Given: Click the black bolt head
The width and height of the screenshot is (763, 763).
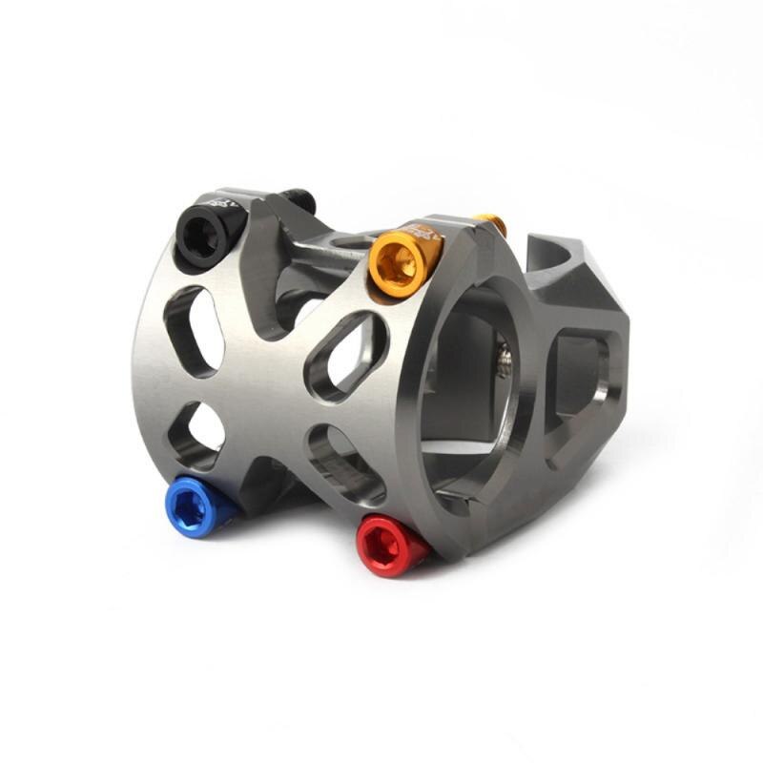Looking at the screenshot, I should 206,235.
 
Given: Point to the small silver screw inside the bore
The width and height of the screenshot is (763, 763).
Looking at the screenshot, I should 504,363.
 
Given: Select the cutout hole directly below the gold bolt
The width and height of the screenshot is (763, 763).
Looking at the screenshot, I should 345,356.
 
